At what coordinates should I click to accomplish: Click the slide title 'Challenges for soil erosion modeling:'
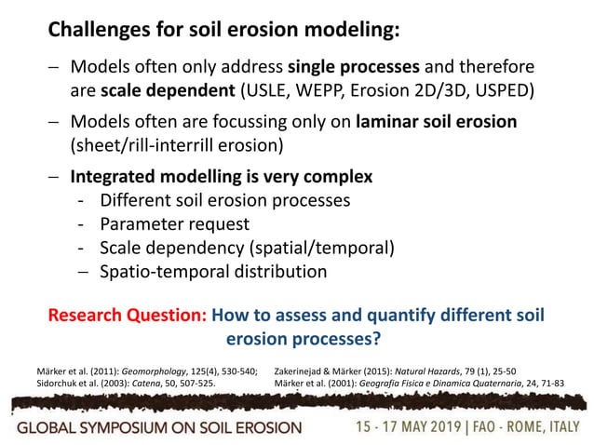[x=224, y=30]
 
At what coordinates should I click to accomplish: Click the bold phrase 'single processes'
[x=345, y=68]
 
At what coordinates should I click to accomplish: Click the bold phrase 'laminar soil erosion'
[x=437, y=123]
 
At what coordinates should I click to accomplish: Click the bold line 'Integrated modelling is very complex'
[x=222, y=177]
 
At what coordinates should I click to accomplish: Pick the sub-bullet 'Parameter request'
[x=174, y=224]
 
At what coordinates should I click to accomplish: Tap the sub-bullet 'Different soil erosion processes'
[x=224, y=200]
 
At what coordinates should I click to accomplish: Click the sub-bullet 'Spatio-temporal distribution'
[x=213, y=272]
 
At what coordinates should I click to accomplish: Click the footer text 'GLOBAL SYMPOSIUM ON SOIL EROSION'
[x=157, y=427]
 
